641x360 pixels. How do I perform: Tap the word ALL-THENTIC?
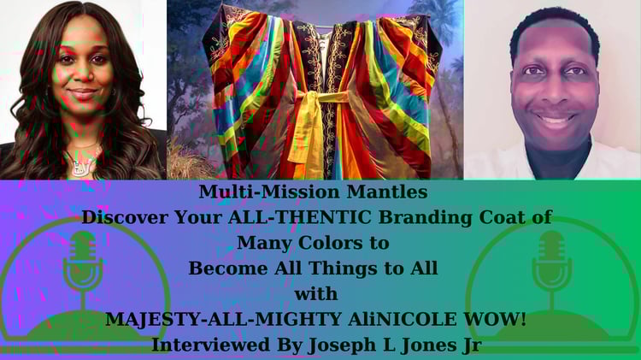tap(300, 217)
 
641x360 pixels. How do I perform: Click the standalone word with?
tap(316, 293)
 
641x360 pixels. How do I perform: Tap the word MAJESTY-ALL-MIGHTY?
tap(223, 320)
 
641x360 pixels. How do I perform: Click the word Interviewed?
tap(210, 345)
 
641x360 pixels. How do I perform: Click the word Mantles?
tap(387, 192)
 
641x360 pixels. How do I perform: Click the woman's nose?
tap(81, 74)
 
